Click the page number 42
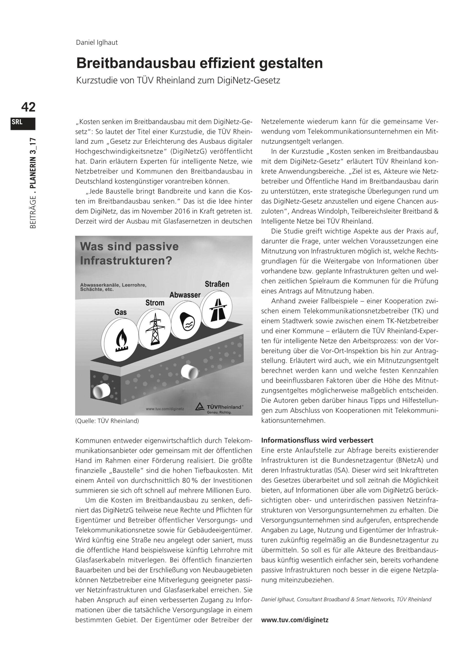[28, 107]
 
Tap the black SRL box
[23, 124]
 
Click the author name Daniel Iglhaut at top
[97, 42]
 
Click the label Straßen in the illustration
[217, 284]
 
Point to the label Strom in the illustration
[155, 303]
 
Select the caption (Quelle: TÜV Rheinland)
[107, 421]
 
